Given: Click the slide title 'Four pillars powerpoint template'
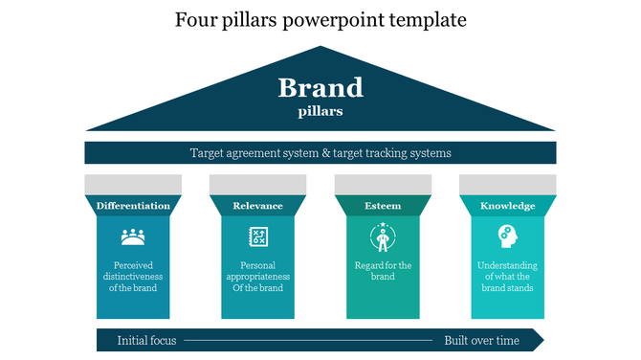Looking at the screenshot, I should (x=320, y=19).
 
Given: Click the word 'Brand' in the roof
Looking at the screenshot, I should (x=320, y=88).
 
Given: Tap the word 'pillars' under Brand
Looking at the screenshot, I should (x=320, y=111).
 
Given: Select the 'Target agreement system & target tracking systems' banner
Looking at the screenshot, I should (x=320, y=153).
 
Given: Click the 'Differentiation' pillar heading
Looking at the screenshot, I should (x=133, y=206).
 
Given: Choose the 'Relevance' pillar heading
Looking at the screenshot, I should (x=257, y=206).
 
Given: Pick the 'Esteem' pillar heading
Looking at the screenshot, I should (x=383, y=206).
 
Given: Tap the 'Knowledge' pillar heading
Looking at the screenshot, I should (x=507, y=206).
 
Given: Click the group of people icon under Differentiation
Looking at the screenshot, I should (x=133, y=236).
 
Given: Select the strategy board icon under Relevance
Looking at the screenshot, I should (x=257, y=236).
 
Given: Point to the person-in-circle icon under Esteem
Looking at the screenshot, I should (x=383, y=236).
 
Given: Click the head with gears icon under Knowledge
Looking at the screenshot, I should (x=507, y=236).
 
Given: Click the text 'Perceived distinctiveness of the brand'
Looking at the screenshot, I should (x=133, y=277).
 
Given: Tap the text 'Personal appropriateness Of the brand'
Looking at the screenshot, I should (x=257, y=277).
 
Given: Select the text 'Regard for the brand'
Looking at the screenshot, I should (x=383, y=271).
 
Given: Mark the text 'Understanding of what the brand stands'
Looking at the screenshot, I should (x=507, y=277).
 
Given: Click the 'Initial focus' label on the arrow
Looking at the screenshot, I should (x=146, y=341).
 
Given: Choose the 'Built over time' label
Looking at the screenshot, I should (x=481, y=341).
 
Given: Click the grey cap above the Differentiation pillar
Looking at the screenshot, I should (x=133, y=185).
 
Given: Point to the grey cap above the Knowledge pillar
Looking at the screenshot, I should (x=507, y=185).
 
